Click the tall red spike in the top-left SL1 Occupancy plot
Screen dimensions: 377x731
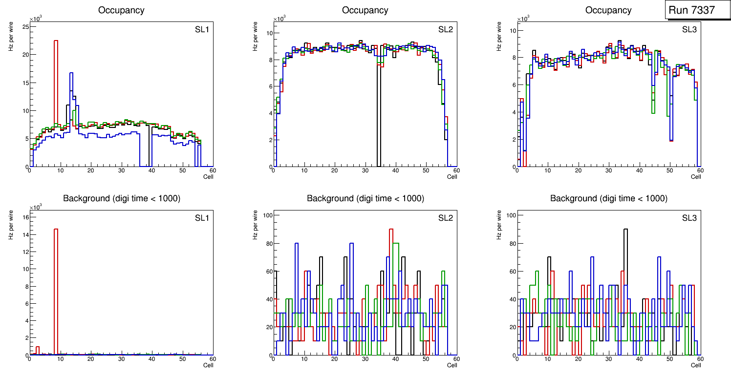pyautogui.click(x=56, y=73)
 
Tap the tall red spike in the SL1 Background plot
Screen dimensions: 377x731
pyautogui.click(x=56, y=273)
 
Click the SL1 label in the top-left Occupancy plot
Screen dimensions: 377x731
pyautogui.click(x=202, y=30)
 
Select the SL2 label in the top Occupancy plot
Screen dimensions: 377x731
pyautogui.click(x=446, y=30)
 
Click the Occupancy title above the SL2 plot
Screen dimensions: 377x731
pyautogui.click(x=365, y=10)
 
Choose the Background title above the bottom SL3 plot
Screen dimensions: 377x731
pyautogui.click(x=608, y=199)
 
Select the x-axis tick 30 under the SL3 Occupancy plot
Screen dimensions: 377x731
pyautogui.click(x=608, y=170)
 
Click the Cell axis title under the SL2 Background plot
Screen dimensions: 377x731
pyautogui.click(x=452, y=365)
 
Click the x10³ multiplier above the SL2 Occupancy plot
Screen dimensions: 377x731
pyautogui.click(x=279, y=19)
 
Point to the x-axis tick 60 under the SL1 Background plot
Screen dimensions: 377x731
pyautogui.click(x=213, y=359)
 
